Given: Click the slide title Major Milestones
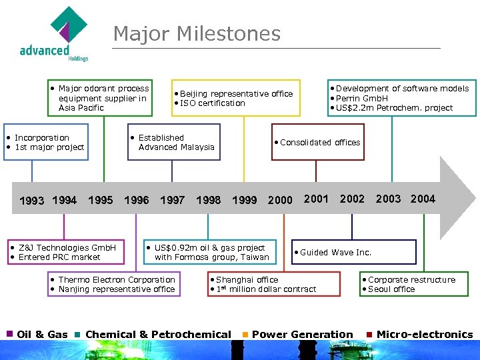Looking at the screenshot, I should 197,33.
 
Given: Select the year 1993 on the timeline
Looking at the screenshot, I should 32,200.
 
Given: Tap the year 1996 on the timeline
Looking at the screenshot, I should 137,200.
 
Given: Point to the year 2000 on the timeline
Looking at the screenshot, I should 280,200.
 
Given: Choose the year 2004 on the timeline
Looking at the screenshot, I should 423,199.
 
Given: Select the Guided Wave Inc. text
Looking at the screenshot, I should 335,252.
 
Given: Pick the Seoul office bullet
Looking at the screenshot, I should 391,289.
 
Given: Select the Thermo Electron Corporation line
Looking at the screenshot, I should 117,280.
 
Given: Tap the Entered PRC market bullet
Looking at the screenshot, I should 59,257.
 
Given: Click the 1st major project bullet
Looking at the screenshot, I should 49,147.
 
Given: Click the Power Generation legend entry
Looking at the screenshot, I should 302,335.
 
